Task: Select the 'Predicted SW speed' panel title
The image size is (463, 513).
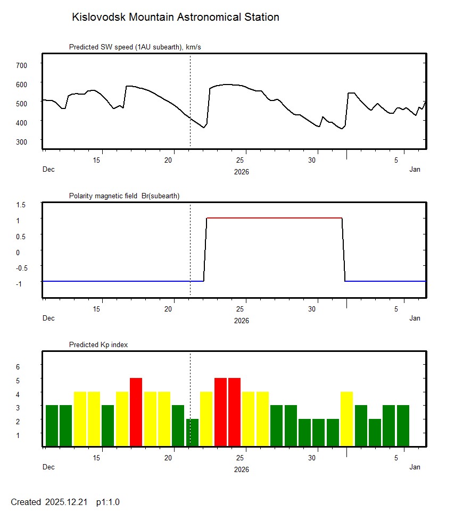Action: [x=135, y=47]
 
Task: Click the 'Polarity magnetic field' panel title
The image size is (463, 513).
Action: [x=124, y=196]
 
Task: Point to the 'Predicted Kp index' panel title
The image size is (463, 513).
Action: [x=98, y=345]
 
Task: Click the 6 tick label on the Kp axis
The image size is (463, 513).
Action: [x=18, y=367]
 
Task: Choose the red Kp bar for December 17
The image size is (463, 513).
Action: [x=136, y=412]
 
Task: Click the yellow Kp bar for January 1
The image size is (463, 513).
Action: [x=346, y=419]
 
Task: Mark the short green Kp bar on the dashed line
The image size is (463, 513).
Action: [x=192, y=433]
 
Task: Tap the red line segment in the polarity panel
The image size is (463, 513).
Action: [x=274, y=218]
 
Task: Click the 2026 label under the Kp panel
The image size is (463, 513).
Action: [x=242, y=469]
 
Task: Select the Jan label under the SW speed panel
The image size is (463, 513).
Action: [x=415, y=170]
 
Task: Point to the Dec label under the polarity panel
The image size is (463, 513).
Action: [x=48, y=318]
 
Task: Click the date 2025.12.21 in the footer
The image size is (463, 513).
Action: [x=66, y=502]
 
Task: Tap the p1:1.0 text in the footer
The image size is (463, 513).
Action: [x=108, y=502]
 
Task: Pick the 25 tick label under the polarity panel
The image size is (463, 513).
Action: [x=241, y=309]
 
